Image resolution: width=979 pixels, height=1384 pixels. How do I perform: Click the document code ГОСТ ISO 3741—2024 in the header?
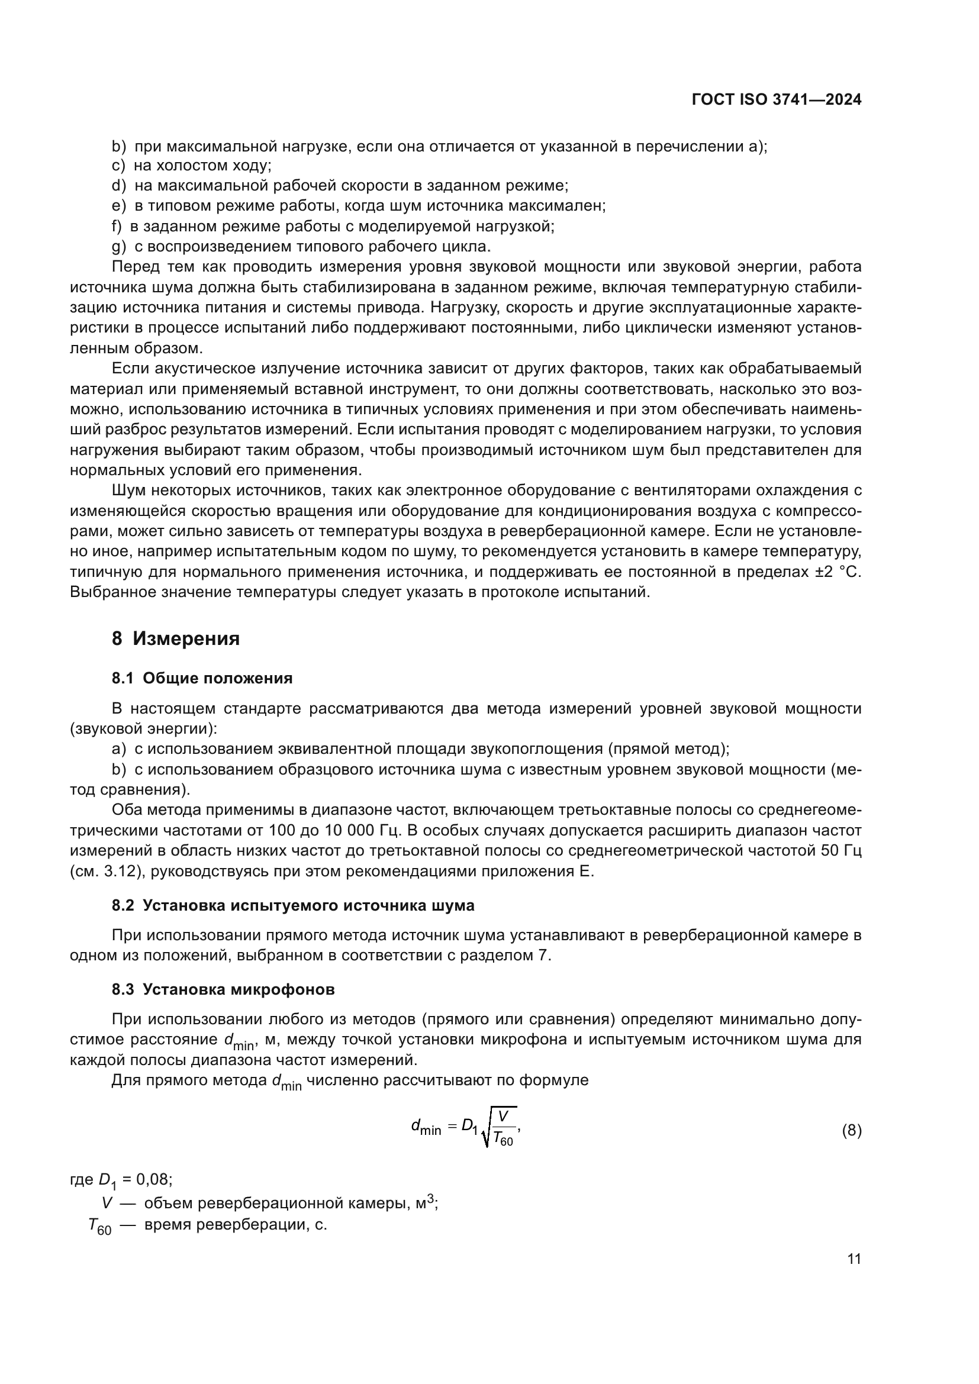pyautogui.click(x=777, y=100)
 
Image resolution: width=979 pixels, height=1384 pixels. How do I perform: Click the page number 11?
pyautogui.click(x=854, y=1259)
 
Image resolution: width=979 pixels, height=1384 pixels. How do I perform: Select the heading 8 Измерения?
pyautogui.click(x=175, y=638)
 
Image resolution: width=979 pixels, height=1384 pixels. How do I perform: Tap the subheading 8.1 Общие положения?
pyautogui.click(x=202, y=678)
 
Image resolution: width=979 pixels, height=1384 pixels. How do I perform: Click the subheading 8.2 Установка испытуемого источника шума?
pyautogui.click(x=293, y=905)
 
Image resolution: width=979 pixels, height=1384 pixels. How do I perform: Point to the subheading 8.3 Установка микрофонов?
pyautogui.click(x=223, y=989)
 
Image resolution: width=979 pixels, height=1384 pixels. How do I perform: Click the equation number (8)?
pyautogui.click(x=851, y=1130)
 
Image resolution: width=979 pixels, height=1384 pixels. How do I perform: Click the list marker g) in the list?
pyautogui.click(x=119, y=247)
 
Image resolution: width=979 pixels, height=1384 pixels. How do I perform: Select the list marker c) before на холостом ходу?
pyautogui.click(x=118, y=166)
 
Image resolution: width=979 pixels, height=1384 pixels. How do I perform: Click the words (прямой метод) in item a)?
pyautogui.click(x=668, y=749)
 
